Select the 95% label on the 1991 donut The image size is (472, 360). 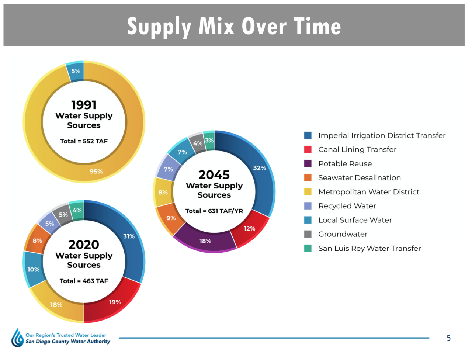[96, 172]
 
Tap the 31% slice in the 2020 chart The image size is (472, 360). [129, 236]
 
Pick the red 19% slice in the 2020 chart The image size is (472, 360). [115, 302]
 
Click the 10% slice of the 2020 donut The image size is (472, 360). [34, 270]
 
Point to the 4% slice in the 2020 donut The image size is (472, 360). [77, 211]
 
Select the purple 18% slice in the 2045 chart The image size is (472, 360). [205, 241]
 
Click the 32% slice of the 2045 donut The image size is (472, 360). [259, 168]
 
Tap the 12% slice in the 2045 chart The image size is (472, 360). [249, 229]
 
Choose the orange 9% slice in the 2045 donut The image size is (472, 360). [171, 218]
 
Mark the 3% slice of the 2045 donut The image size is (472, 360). [209, 141]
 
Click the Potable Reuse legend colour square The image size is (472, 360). [308, 163]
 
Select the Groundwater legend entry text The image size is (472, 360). [343, 234]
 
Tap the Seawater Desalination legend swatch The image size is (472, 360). [308, 178]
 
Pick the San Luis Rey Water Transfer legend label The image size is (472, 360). [369, 248]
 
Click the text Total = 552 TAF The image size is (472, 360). [84, 141]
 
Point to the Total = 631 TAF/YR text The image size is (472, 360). [214, 211]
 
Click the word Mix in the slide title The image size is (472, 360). [216, 26]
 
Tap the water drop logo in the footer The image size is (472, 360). [17, 338]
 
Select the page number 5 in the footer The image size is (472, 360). [448, 338]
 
